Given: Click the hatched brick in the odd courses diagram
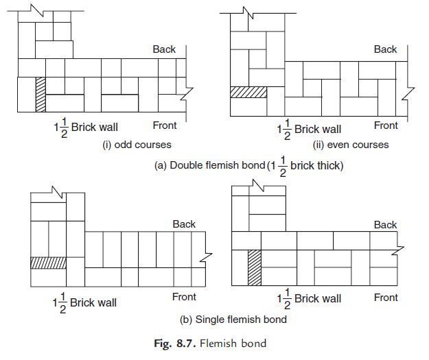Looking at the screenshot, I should click(40, 94).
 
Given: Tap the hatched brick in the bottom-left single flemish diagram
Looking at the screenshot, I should click(48, 262).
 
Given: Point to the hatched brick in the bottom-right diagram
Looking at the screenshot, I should click(254, 267).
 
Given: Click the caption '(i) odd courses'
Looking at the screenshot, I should click(137, 145).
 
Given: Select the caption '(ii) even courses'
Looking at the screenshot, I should click(350, 145).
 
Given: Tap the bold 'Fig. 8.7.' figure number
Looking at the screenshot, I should click(178, 342).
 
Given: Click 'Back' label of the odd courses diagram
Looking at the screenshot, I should click(164, 49).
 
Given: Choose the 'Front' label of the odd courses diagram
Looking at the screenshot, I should click(164, 125).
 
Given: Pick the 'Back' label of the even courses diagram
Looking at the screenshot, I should click(385, 49).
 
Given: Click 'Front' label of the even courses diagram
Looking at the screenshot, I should click(386, 125).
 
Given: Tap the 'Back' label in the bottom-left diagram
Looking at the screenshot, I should click(184, 224).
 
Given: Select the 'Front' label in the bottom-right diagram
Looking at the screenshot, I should click(386, 297).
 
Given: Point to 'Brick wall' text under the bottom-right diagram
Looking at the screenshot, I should click(317, 299).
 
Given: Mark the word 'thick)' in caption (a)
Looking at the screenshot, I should click(328, 165).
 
